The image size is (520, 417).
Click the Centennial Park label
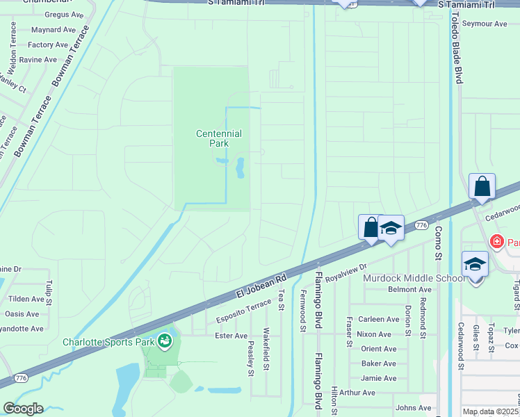218,138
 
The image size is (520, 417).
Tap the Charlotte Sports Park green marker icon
165,341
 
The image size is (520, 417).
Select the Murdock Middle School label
414,278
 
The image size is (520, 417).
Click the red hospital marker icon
496,243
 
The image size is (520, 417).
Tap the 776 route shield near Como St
421,225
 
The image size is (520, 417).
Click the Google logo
23,409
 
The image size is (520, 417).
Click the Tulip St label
49,293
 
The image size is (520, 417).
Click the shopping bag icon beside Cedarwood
482,188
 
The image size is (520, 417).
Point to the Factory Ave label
47,45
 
